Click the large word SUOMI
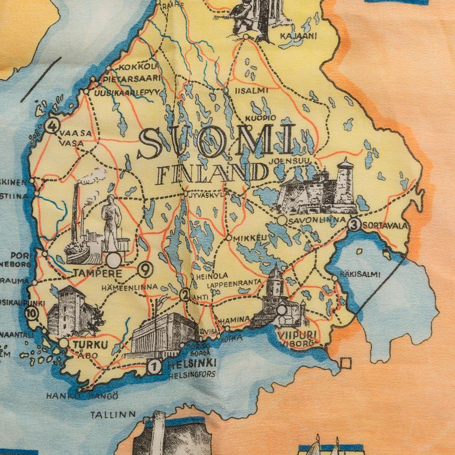[216, 142]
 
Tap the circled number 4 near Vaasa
[53, 126]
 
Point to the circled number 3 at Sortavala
[354, 225]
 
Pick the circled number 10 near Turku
[30, 315]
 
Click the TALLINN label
[114, 414]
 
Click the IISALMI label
[251, 91]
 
